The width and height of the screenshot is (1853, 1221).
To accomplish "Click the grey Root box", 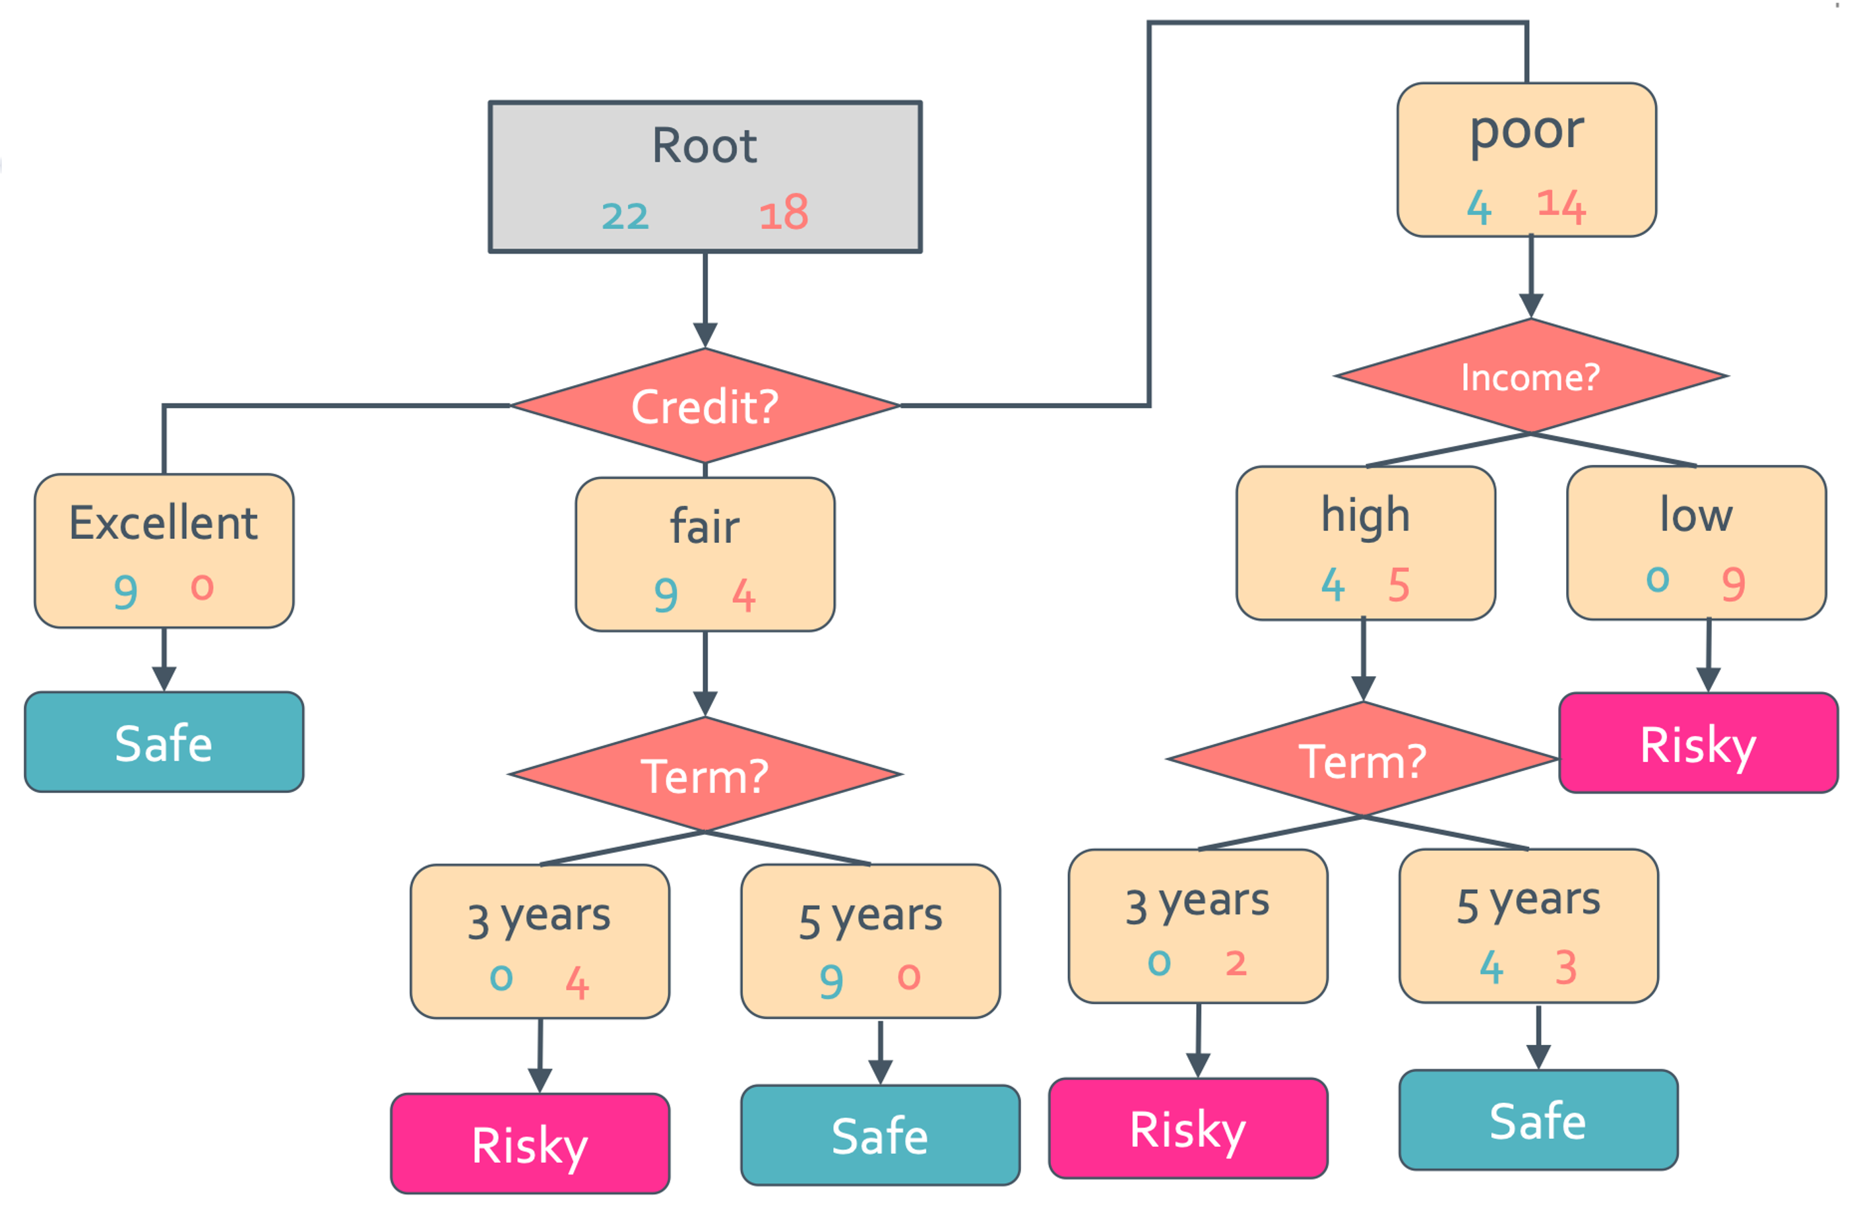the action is [705, 177].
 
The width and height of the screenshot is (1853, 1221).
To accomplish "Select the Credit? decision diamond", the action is [705, 406].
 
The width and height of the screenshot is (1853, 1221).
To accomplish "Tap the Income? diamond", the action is [1530, 376].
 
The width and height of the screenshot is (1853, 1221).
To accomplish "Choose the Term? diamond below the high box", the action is [1362, 759].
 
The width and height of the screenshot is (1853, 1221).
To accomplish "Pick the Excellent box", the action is [164, 551].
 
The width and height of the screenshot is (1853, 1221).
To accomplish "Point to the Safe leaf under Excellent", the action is [164, 742].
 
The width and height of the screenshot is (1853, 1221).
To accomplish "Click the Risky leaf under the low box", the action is [1698, 743].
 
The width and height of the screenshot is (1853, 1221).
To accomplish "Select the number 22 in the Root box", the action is [625, 216].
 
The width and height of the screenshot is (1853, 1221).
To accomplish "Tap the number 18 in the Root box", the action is [784, 212].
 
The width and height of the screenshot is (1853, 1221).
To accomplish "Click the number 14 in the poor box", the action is [1561, 206].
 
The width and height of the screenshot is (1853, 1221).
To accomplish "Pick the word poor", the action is [1526, 132].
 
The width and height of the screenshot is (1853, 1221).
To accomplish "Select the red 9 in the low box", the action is [1733, 584].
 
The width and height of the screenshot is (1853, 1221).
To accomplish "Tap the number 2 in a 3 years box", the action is [1236, 963].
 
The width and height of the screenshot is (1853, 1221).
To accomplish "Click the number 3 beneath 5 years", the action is [1565, 967].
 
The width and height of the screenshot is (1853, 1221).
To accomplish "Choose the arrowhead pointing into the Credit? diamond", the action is [705, 336].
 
